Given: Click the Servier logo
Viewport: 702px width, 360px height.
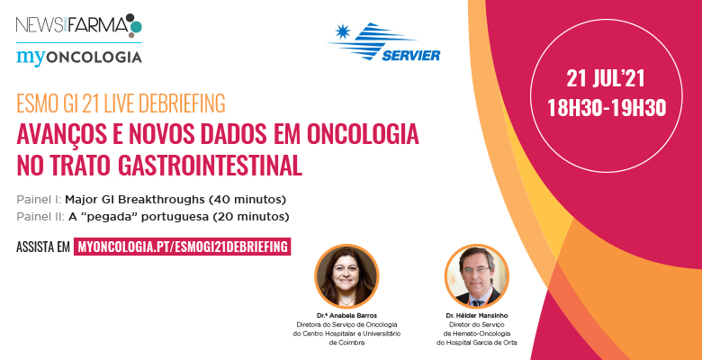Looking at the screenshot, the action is coord(384,41).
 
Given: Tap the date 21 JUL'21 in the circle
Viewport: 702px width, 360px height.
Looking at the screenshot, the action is coord(606,79).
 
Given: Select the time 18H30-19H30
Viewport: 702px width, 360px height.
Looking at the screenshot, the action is coord(607,108).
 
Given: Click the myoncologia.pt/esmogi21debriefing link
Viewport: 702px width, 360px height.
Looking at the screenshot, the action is coord(182,247).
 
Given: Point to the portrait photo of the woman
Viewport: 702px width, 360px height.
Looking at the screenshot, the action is coord(346,276).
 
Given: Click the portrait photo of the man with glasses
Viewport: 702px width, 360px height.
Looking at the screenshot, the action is coord(477,276).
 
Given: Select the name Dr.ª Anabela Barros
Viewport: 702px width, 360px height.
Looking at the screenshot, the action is coord(346,316).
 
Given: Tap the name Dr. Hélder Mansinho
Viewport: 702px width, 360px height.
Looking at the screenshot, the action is coord(477,316).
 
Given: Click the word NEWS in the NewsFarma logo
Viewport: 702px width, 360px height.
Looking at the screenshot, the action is coord(32,24).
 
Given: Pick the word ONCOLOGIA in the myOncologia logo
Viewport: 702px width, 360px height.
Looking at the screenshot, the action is coord(94,58).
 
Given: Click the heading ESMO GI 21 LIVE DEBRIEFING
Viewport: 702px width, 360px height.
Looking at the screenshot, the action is coord(121,103).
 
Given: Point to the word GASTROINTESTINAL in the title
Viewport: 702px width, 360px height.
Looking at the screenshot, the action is coord(210,166).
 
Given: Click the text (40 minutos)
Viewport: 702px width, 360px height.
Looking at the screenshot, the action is coord(247,199).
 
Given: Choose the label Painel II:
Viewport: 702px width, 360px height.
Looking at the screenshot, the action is coord(40,217).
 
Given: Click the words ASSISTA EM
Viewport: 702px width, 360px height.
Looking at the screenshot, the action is coord(43,247).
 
